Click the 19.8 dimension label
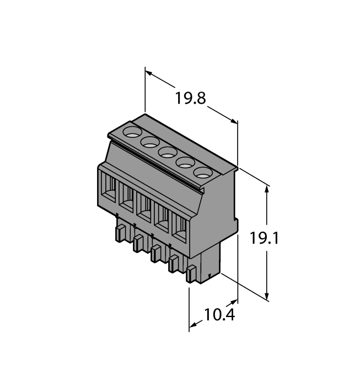pos(190,99)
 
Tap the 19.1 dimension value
pos(264,239)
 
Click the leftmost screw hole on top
pos(132,132)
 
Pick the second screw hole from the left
pos(150,142)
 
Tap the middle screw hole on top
pos(168,152)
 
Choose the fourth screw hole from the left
pos(185,162)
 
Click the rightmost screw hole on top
pos(203,172)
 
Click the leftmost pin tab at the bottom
pos(120,234)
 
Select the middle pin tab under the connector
pos(156,254)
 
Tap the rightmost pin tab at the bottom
pos(192,274)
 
